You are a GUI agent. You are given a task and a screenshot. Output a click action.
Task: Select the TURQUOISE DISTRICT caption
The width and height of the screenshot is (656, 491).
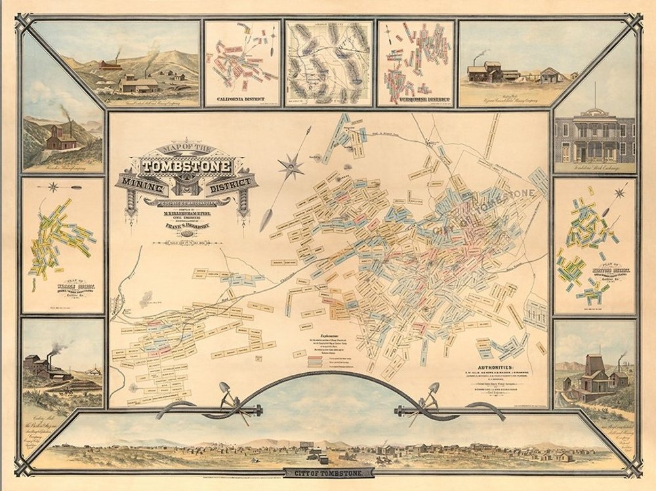[416, 101]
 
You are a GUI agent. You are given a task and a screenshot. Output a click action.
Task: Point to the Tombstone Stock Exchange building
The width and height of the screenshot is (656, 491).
[594, 138]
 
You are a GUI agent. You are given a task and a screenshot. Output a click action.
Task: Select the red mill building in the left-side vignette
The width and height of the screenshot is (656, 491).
[59, 137]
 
